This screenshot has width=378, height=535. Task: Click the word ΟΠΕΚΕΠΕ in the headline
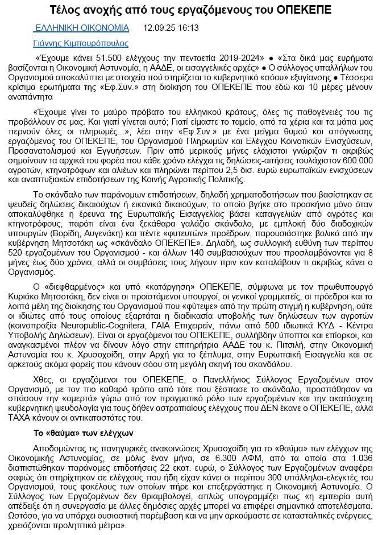pyautogui.click(x=300, y=10)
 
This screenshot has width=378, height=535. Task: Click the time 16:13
pyautogui.click(x=188, y=27)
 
